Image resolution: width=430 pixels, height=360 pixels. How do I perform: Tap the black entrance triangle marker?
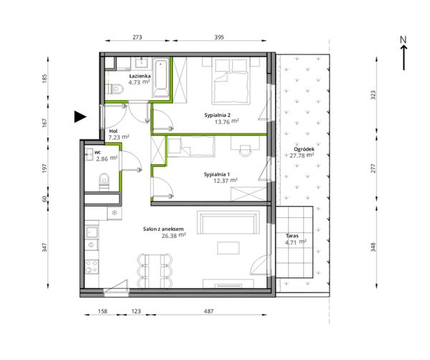pyautogui.click(x=80, y=117)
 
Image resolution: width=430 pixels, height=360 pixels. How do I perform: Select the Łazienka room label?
pyautogui.click(x=140, y=76)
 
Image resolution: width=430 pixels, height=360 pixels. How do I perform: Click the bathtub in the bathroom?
pyautogui.click(x=161, y=77)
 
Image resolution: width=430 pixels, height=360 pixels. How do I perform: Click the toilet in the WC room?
pyautogui.click(x=104, y=181)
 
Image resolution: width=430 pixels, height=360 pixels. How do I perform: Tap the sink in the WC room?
pyautogui.click(x=89, y=154)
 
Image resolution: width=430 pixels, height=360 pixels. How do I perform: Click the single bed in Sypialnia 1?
pyautogui.click(x=191, y=146)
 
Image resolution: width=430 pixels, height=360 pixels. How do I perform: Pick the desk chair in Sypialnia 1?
pyautogui.click(x=245, y=150)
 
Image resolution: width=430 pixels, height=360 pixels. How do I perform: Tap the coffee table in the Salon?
pyautogui.click(x=228, y=248)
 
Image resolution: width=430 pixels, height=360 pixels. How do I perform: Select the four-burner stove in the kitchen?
pyautogui.click(x=92, y=267)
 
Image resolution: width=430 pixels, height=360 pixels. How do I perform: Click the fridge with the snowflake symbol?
pyautogui.click(x=115, y=213)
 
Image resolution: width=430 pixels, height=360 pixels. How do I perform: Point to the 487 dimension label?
pyautogui.click(x=209, y=311)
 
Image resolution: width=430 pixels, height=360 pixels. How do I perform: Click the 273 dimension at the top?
pyautogui.click(x=137, y=37)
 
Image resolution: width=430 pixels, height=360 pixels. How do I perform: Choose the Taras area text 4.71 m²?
pyautogui.click(x=295, y=242)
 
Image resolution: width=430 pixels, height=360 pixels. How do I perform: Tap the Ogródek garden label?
pyautogui.click(x=304, y=149)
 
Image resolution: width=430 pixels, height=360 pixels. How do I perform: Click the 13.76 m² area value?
pyautogui.click(x=226, y=121)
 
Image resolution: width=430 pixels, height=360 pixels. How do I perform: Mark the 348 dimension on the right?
pyautogui.click(x=373, y=247)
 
